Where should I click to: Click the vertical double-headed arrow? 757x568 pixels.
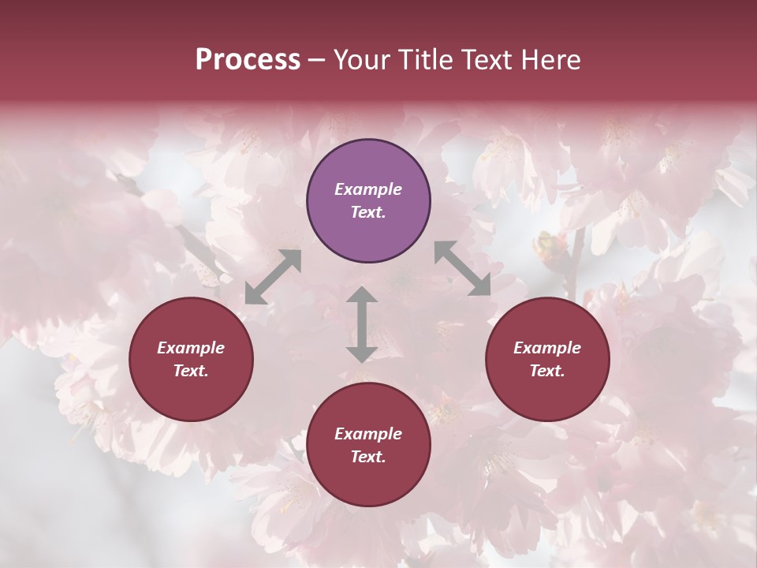362,324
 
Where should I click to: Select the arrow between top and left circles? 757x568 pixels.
273,277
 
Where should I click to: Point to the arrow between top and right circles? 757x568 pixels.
463,269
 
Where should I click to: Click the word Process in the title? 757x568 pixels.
248,59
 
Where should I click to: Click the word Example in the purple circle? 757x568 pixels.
368,189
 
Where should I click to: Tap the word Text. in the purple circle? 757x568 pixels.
368,212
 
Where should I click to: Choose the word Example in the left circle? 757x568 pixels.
191,348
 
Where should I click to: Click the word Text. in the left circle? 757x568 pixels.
191,371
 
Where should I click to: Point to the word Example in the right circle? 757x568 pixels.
547,348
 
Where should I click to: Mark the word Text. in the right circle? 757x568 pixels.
547,371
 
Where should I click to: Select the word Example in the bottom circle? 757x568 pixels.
368,434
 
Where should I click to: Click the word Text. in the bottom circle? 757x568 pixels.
368,457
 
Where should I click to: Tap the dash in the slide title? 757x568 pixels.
317,61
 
